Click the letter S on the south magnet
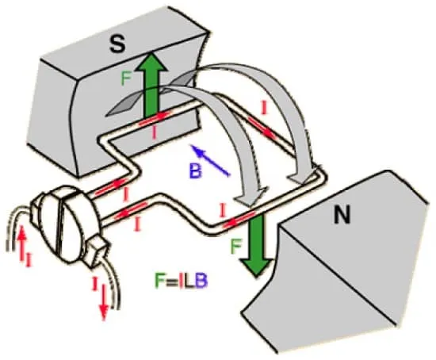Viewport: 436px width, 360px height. point(117,44)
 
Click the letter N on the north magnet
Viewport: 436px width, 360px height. point(342,215)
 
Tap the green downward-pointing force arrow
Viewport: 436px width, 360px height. point(256,243)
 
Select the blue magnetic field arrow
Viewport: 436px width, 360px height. point(210,160)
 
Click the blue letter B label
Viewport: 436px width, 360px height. point(196,170)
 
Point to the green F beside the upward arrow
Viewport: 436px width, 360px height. point(126,79)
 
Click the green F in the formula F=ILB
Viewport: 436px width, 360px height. point(160,281)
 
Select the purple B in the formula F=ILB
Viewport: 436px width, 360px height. point(201,281)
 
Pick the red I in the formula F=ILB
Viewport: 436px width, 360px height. point(181,281)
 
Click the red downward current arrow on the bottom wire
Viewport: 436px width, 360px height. point(104,301)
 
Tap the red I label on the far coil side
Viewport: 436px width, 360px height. point(264,108)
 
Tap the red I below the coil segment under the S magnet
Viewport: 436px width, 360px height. point(155,133)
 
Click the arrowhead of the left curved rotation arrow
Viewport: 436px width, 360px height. point(251,197)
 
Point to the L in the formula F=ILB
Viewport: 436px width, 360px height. point(189,281)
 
